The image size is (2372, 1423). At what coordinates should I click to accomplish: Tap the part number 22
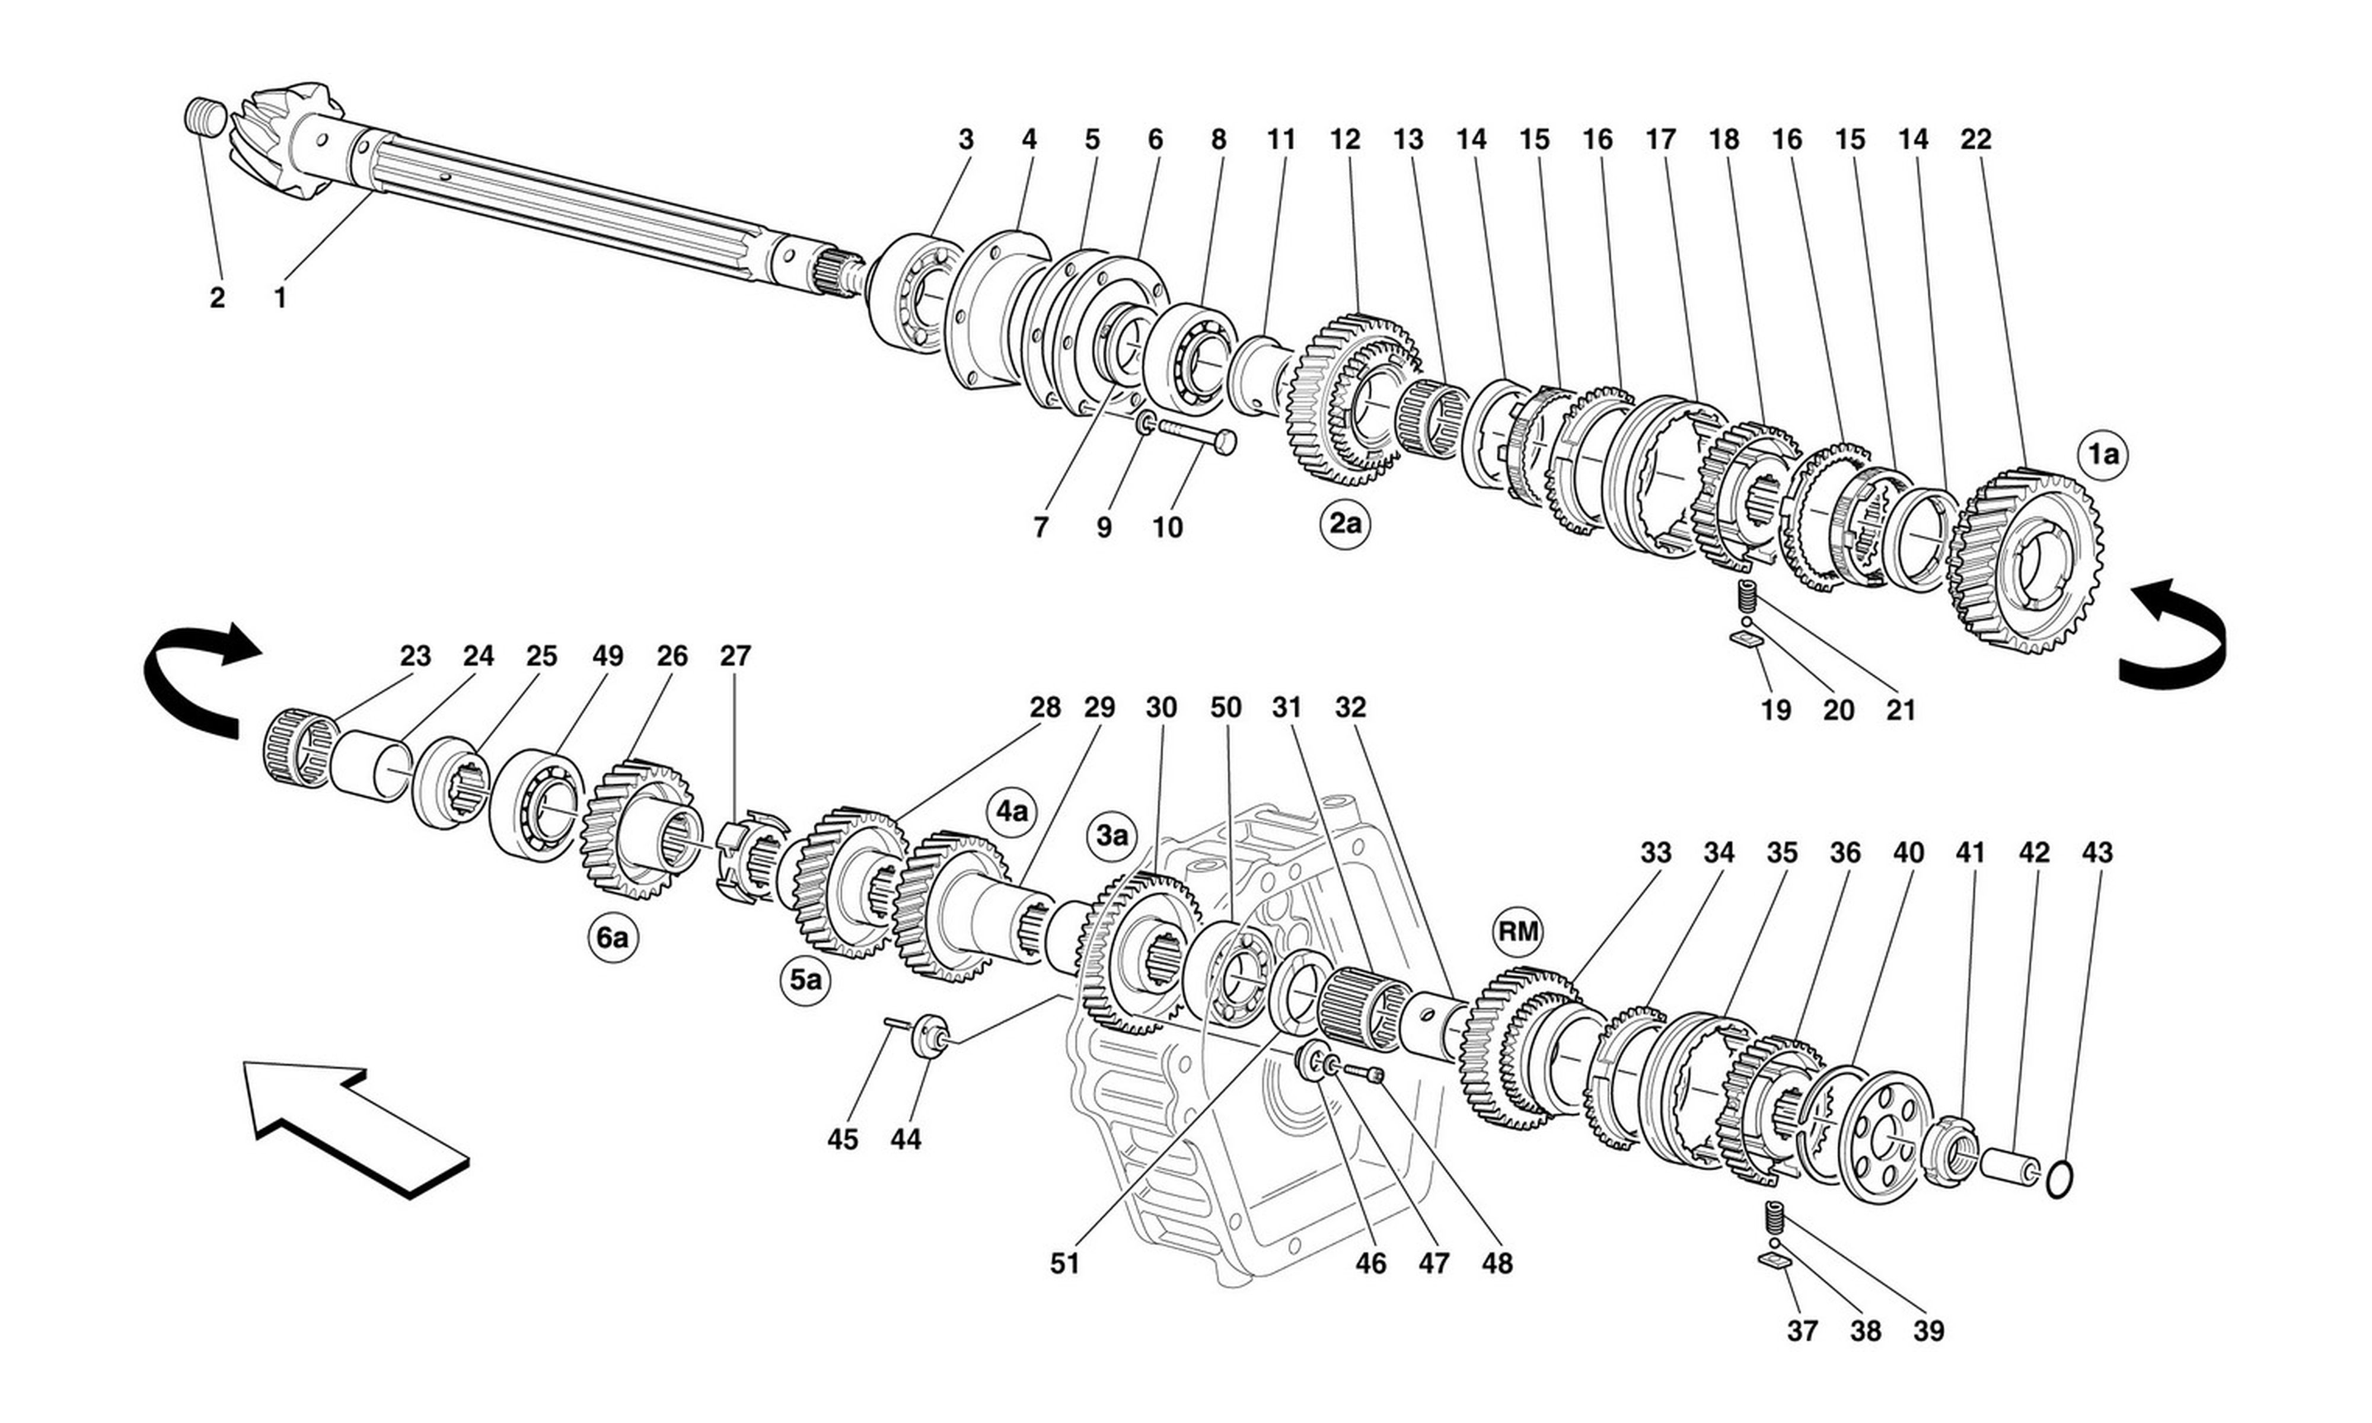click(x=1976, y=139)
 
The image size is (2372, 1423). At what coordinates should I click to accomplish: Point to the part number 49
click(x=607, y=656)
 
